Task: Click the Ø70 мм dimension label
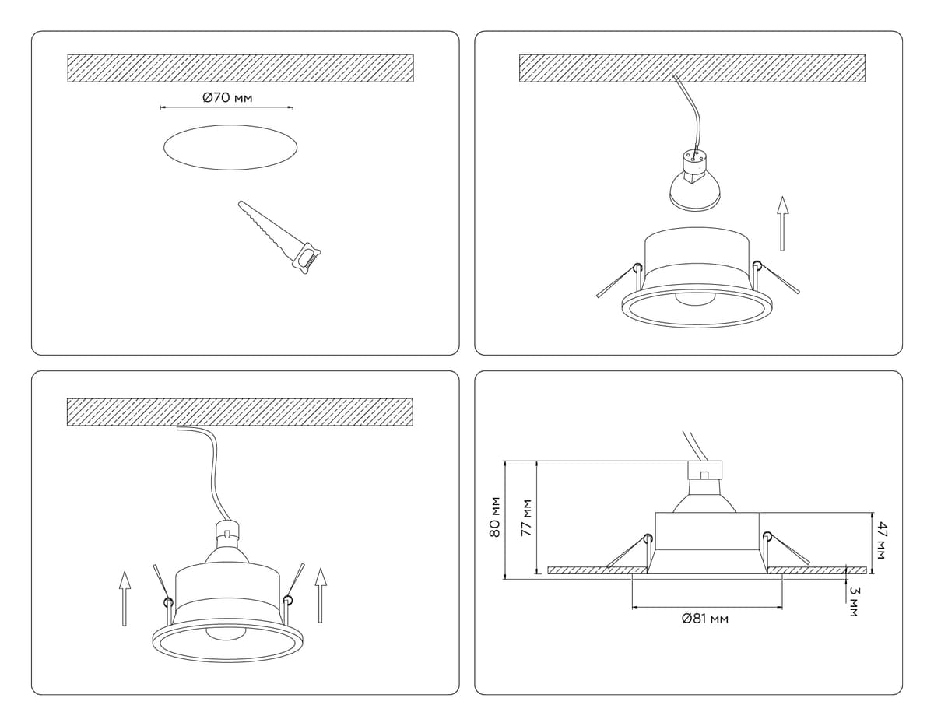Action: coord(227,98)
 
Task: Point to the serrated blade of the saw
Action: coord(267,230)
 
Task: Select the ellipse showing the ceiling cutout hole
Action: coord(230,147)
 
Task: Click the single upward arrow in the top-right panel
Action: coord(783,223)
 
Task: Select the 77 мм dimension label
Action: coord(526,517)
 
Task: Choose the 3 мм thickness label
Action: coord(855,602)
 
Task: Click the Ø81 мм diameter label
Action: coord(705,619)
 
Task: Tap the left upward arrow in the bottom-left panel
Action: coord(125,598)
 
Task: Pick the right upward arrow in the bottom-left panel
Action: coord(320,595)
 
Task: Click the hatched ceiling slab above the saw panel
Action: coord(241,68)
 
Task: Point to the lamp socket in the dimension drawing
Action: coord(705,471)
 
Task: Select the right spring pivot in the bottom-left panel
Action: coord(288,600)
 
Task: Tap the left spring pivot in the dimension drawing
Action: coord(648,538)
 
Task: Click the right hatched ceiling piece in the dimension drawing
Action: coord(816,570)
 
